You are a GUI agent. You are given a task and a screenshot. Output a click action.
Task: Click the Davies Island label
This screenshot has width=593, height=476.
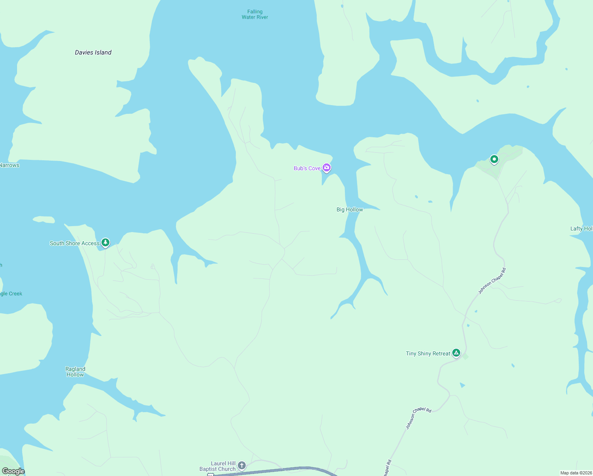point(93,52)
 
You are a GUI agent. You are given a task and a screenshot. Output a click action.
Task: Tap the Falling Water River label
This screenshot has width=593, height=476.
point(255,15)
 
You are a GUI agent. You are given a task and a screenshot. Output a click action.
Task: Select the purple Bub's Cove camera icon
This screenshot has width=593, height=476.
point(327,168)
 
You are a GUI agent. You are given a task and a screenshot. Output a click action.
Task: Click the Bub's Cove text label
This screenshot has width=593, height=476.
point(307,168)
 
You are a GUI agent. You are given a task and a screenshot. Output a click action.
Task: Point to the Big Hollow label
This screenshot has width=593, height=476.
point(350,209)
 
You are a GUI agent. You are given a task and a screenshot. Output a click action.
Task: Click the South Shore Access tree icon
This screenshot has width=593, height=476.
point(105,242)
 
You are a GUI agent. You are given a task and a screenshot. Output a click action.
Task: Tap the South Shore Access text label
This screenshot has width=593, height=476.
point(75,243)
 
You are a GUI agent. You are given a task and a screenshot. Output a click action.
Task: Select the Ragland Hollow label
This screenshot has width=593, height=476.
point(75,372)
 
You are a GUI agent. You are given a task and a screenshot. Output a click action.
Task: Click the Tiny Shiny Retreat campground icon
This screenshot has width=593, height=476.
point(456,353)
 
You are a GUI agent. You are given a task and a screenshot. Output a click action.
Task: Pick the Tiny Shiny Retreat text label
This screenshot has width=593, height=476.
point(428,353)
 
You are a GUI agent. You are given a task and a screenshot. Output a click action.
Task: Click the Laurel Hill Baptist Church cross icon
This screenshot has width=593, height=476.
point(242,465)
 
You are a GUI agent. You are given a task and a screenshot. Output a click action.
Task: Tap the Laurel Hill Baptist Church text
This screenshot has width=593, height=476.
point(218,466)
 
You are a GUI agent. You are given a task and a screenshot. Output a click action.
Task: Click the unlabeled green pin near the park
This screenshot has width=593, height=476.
point(494,159)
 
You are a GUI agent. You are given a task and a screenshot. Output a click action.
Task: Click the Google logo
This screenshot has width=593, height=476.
point(13,471)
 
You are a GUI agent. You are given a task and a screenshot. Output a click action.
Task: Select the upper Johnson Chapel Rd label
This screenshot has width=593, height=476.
point(492,281)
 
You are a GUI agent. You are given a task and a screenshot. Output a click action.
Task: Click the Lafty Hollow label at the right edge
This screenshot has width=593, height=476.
point(581,228)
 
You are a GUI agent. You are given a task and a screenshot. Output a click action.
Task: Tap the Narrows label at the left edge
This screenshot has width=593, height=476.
point(10,165)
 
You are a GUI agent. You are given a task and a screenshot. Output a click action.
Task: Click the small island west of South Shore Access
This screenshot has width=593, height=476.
point(44,219)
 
